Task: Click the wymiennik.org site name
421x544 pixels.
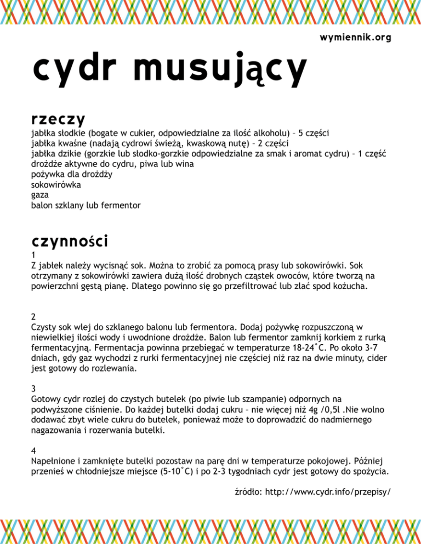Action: click(x=355, y=37)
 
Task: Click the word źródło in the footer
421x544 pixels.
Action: click(x=246, y=491)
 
